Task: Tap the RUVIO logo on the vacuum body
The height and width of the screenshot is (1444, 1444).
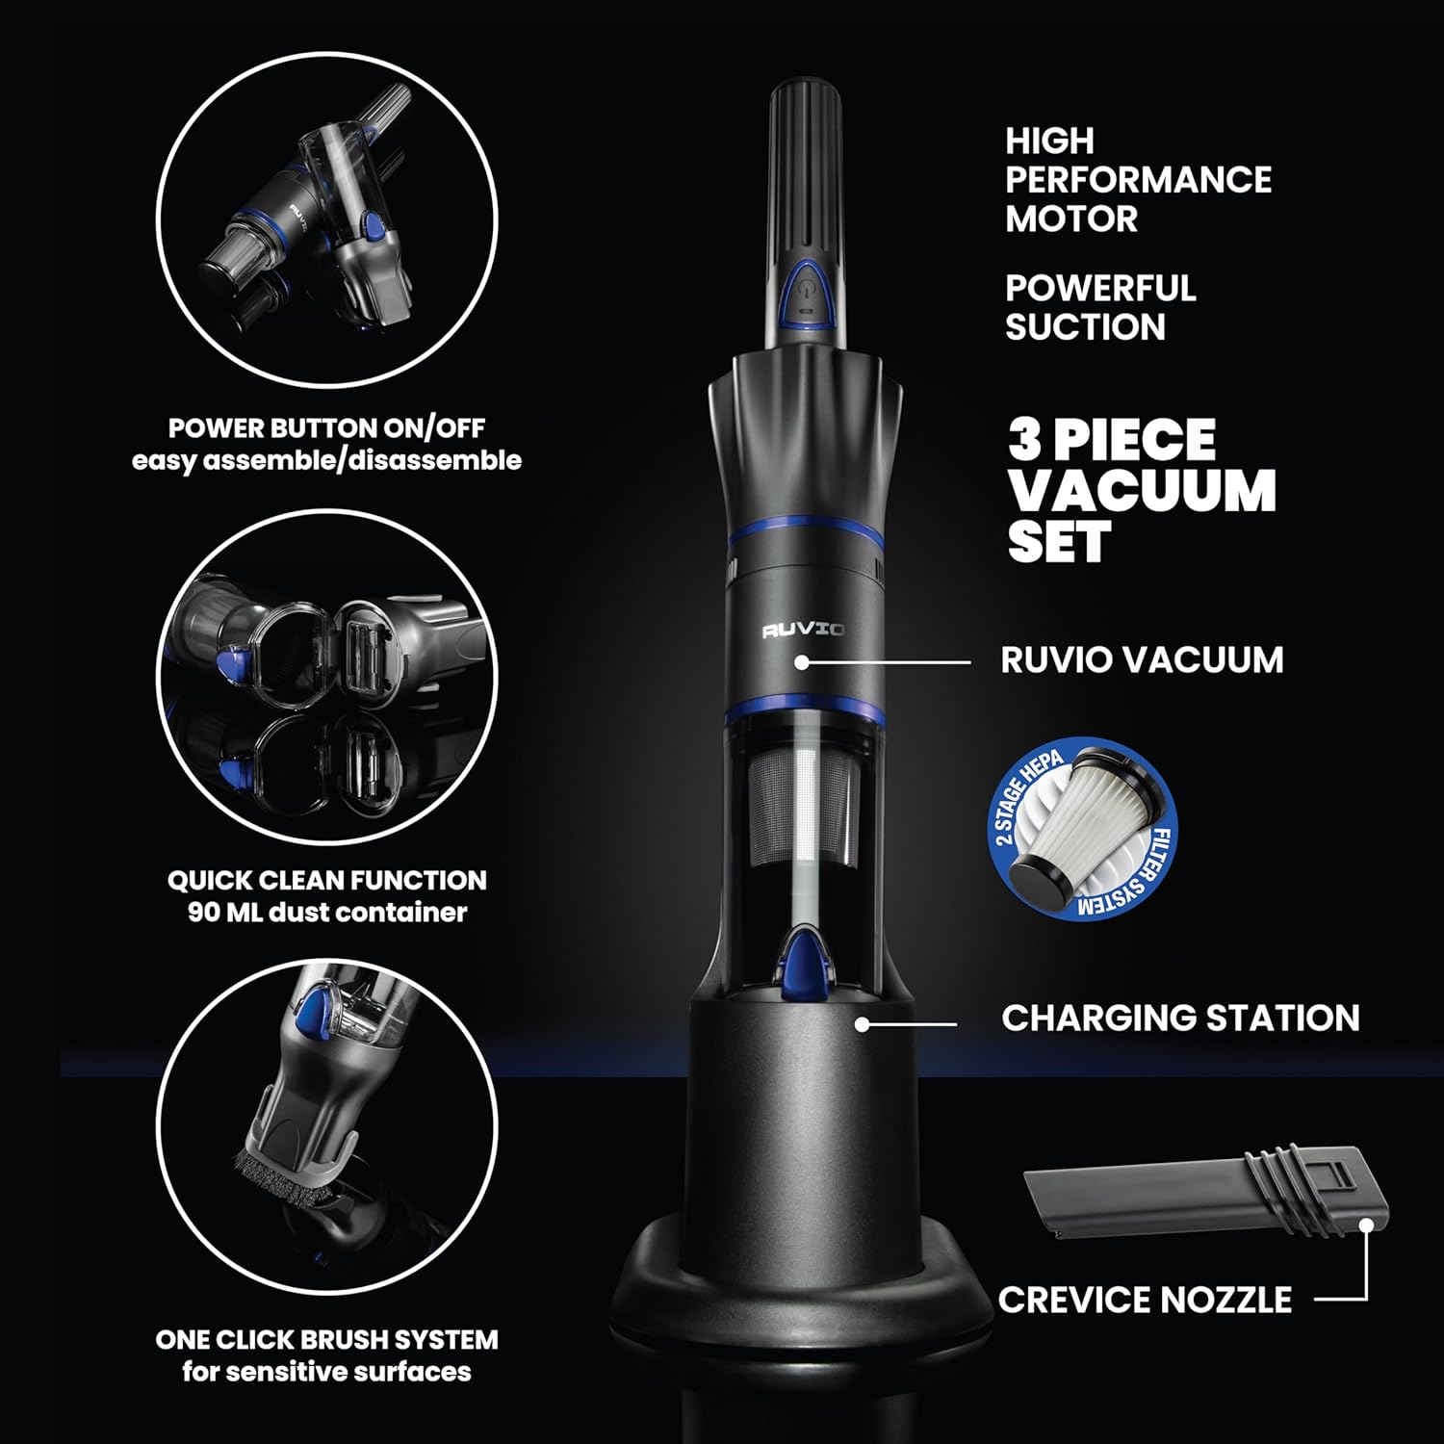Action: pyautogui.click(x=804, y=631)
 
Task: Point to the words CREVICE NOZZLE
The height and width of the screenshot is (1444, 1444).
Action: pyautogui.click(x=1145, y=1300)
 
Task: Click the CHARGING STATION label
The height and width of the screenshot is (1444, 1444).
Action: pyautogui.click(x=1180, y=1018)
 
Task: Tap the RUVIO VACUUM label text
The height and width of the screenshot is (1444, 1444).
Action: pyautogui.click(x=1142, y=660)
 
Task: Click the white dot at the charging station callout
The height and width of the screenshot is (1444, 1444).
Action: pyautogui.click(x=863, y=1024)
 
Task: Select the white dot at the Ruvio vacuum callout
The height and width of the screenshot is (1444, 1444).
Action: pyautogui.click(x=801, y=662)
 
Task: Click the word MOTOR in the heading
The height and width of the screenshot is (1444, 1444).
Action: pyautogui.click(x=1071, y=219)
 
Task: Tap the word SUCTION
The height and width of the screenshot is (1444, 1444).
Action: pyautogui.click(x=1085, y=327)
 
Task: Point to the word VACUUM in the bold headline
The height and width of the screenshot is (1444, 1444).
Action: pyautogui.click(x=1142, y=491)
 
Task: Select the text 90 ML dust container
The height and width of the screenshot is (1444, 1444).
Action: pyautogui.click(x=327, y=912)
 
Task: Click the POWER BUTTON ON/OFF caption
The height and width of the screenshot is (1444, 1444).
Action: pyautogui.click(x=327, y=427)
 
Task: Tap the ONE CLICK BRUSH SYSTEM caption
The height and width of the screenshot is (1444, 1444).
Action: pyautogui.click(x=327, y=1339)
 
